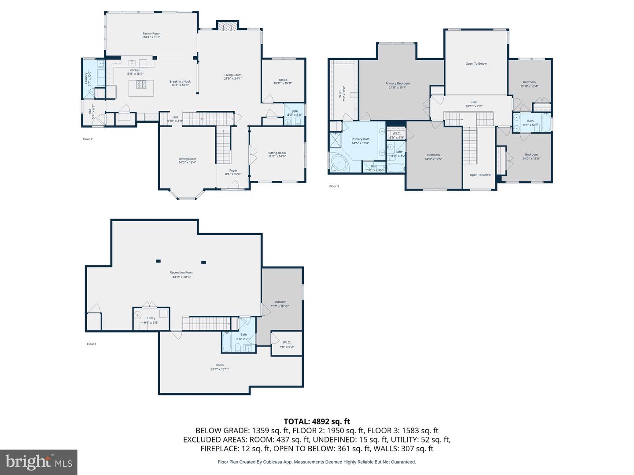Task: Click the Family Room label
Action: [x=151, y=33]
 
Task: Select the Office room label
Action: [x=283, y=80]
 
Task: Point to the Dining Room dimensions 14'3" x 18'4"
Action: [x=187, y=163]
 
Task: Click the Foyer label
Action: [x=233, y=171]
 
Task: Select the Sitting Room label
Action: [x=277, y=153]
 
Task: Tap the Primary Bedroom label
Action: [x=397, y=84]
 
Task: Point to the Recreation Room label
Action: [x=181, y=273]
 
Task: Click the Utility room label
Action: [x=151, y=318]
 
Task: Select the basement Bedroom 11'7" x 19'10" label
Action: [x=280, y=302]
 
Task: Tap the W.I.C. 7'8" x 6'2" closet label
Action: [x=286, y=343]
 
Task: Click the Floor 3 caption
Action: [x=334, y=186]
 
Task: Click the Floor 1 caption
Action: [x=91, y=344]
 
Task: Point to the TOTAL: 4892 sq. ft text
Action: [x=317, y=421]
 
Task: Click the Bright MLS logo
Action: [x=39, y=462]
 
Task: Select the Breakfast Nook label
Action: [x=180, y=81]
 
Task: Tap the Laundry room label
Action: [x=86, y=78]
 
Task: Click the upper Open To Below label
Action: [x=476, y=64]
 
